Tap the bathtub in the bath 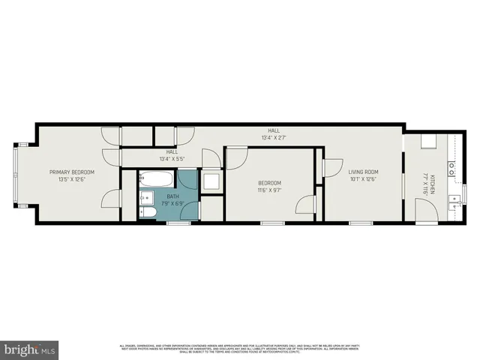(156, 180)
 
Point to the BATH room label (172, 196)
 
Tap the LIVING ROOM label (363, 171)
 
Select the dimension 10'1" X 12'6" (362, 178)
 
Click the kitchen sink (452, 201)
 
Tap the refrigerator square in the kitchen (428, 143)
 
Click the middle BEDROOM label (269, 183)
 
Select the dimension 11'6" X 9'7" (269, 190)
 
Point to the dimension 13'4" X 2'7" (274, 137)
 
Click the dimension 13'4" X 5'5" (172, 158)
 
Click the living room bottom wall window (361, 223)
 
